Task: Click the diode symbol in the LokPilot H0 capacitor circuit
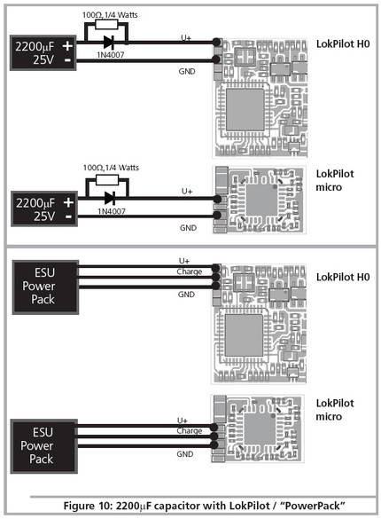(x=109, y=43)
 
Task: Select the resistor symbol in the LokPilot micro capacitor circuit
(x=107, y=180)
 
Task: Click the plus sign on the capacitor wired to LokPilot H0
(x=67, y=46)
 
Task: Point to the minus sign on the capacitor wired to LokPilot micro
(x=68, y=216)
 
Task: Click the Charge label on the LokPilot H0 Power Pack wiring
(x=190, y=271)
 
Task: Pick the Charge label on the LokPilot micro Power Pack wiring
(x=190, y=431)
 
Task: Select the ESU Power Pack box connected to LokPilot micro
(x=44, y=446)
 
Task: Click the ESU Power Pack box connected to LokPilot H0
(x=45, y=287)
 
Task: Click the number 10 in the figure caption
(x=105, y=506)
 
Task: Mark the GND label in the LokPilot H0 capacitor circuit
(x=187, y=72)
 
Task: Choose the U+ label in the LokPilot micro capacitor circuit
(x=187, y=192)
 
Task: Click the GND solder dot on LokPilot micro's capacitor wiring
(x=217, y=216)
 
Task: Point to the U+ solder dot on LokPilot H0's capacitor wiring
(x=216, y=42)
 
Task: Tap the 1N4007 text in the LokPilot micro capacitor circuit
(x=112, y=211)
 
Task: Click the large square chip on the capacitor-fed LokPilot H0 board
(x=245, y=109)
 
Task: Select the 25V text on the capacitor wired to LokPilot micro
(x=44, y=216)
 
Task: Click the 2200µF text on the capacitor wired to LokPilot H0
(x=35, y=47)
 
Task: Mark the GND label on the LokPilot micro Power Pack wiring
(x=185, y=454)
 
